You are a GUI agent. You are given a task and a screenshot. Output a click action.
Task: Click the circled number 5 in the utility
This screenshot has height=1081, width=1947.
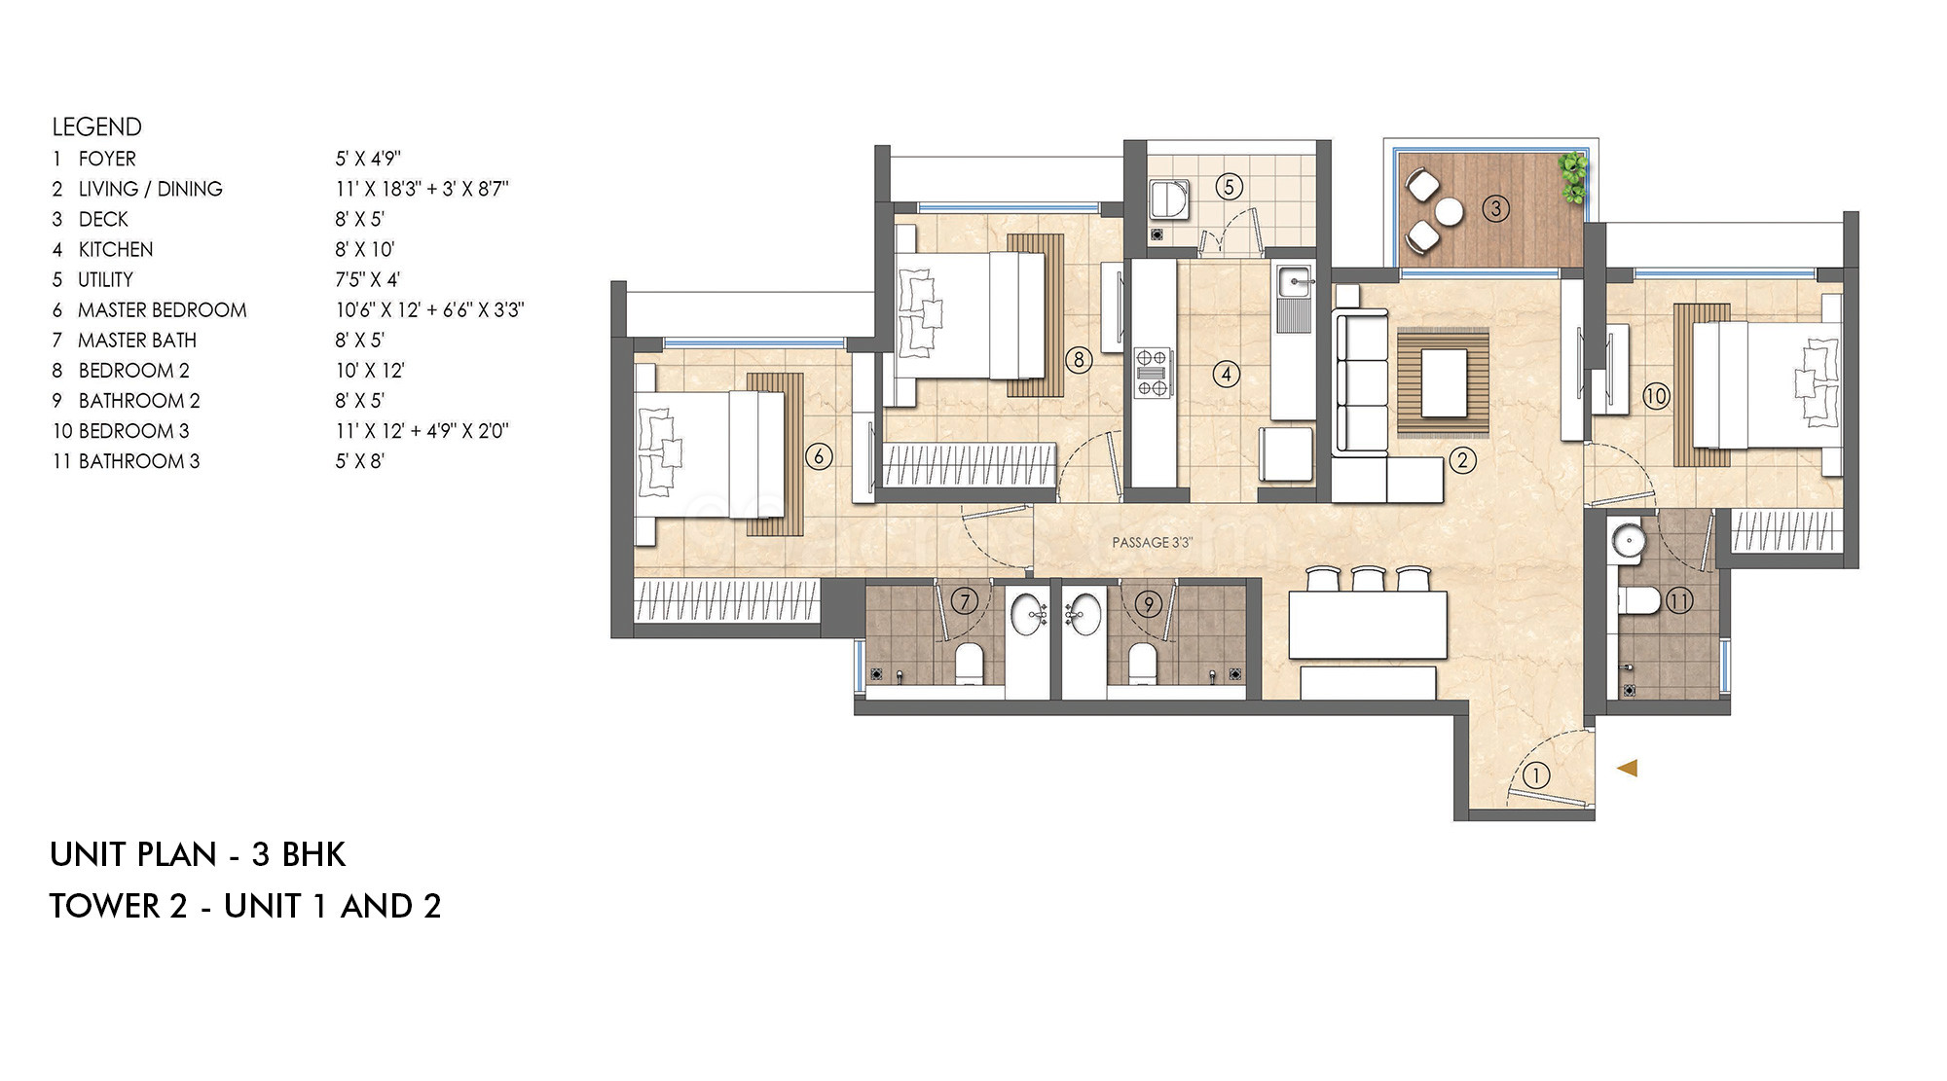pos(1229,186)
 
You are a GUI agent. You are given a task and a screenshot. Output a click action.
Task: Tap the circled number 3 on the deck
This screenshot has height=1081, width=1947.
pos(1495,208)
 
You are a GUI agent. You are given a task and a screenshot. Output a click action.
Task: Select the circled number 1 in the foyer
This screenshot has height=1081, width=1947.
pos(1535,775)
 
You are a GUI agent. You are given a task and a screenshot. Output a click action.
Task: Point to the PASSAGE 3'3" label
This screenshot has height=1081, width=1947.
pos(1152,543)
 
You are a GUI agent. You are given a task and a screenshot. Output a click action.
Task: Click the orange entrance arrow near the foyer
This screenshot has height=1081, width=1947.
pos(1628,768)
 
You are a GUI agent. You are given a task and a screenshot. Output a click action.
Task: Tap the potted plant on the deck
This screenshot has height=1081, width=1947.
pos(1572,177)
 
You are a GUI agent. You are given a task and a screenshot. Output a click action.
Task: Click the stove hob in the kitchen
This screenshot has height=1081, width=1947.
pos(1152,373)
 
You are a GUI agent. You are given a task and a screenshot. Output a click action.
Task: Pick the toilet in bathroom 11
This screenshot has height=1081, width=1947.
pos(1639,600)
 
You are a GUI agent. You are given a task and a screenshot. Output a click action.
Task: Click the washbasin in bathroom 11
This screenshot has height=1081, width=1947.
pos(1627,541)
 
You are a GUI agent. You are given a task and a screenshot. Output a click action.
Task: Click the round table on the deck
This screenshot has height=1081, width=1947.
pos(1449,211)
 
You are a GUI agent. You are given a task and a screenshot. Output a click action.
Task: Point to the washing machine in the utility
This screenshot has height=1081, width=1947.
pos(1168,198)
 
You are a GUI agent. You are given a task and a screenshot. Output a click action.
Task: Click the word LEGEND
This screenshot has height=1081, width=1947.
pos(96,127)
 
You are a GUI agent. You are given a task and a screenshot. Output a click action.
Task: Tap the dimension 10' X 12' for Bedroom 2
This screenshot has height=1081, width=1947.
pos(370,371)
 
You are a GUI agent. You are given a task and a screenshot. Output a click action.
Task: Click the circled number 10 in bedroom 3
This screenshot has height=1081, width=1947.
pos(1656,396)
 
